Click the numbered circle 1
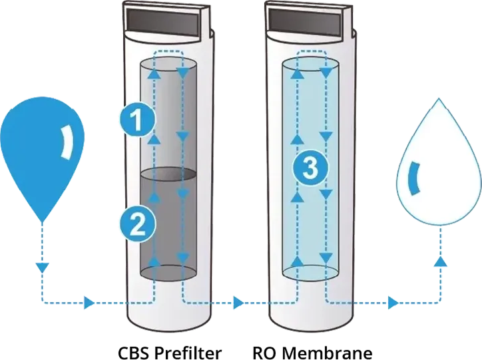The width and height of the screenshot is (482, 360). pos(136,120)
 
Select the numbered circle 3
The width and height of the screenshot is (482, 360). pos(309,168)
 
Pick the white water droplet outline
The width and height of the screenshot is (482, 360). pos(438,166)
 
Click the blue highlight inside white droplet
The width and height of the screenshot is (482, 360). pos(413,180)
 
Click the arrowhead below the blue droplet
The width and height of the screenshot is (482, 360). pos(42,268)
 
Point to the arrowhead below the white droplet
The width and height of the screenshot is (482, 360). pos(439,263)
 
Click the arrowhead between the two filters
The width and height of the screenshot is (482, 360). pos(238,303)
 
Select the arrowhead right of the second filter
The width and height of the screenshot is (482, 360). pos(393,303)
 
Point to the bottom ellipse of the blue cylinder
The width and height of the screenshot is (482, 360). pos(310,272)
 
